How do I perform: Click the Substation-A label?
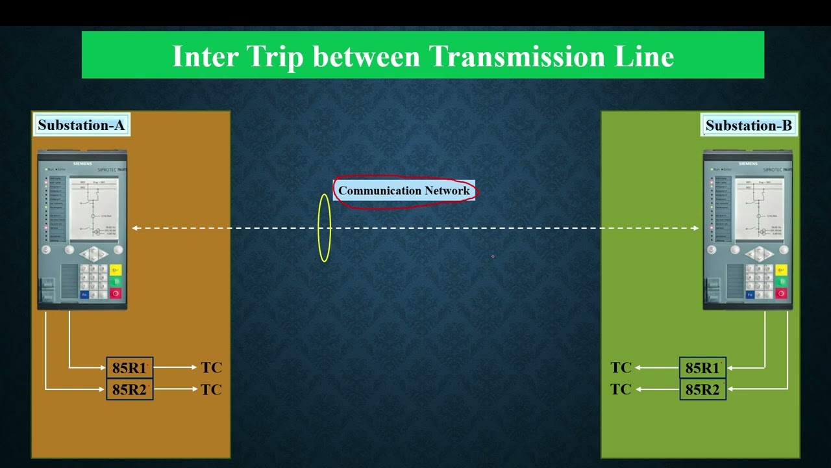click(81, 125)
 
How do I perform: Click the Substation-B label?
click(749, 125)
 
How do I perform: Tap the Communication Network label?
click(404, 191)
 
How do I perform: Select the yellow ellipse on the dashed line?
click(325, 228)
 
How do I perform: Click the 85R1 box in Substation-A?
click(130, 368)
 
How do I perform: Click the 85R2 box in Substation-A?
click(130, 389)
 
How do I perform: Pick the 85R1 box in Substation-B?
click(703, 368)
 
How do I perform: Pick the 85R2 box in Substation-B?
click(703, 389)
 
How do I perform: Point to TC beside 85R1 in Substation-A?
click(212, 368)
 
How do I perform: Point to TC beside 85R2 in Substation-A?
click(212, 389)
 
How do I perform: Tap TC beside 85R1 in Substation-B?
click(621, 368)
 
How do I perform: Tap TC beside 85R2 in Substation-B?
click(621, 389)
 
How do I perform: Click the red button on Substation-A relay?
click(116, 293)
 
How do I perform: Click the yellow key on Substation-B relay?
click(781, 270)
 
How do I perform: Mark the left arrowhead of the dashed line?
click(135, 228)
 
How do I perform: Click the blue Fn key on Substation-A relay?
click(84, 294)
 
